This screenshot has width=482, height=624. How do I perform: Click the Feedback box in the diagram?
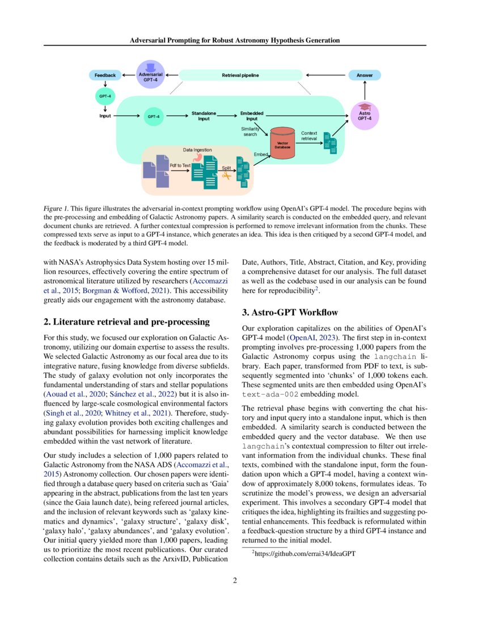pos(105,75)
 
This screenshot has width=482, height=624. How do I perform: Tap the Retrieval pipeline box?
pos(241,75)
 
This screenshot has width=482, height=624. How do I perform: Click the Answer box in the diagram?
pos(365,75)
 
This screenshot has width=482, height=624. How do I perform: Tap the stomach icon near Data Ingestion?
pos(197,158)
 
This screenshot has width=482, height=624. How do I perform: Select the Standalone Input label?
pos(204,116)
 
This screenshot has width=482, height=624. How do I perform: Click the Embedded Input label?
pos(252,116)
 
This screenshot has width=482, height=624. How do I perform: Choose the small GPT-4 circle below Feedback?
pos(105,96)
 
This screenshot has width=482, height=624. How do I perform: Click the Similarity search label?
pos(250,132)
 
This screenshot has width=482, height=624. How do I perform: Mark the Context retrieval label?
pos(309,136)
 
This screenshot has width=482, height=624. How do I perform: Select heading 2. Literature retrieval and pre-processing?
pos(126,322)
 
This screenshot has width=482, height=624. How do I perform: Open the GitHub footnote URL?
pos(305,554)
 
